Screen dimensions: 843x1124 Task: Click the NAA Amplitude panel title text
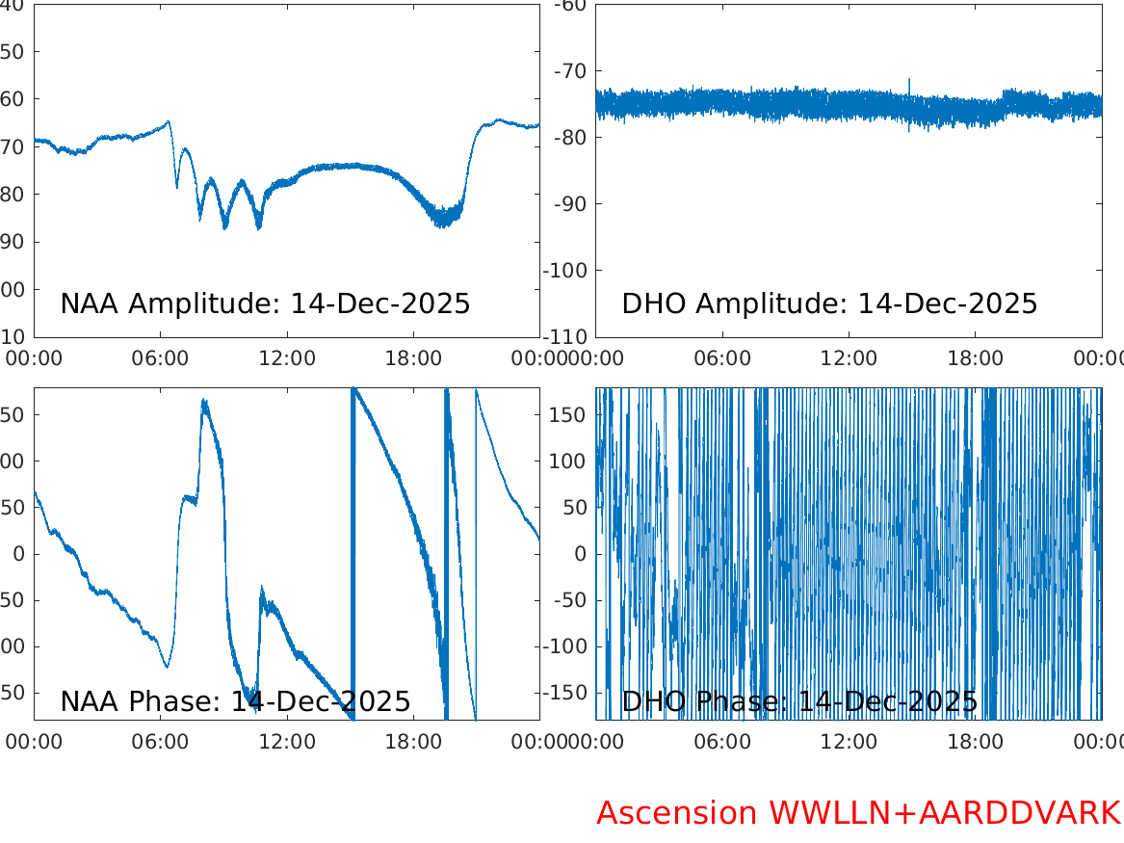(265, 303)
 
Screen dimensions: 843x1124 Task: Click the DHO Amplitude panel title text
(829, 303)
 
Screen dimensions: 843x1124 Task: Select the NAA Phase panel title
(235, 701)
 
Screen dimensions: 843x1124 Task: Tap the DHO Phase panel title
(799, 701)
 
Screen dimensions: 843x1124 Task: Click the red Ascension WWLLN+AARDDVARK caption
(858, 813)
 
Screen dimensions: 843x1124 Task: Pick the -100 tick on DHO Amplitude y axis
(567, 270)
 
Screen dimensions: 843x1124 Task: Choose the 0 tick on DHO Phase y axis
(581, 554)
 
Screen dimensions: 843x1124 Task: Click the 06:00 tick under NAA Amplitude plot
(160, 358)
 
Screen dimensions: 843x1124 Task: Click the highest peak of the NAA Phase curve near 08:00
(203, 400)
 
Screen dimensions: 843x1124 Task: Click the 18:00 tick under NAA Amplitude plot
(413, 358)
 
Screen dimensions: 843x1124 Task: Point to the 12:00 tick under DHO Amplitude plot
(849, 358)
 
